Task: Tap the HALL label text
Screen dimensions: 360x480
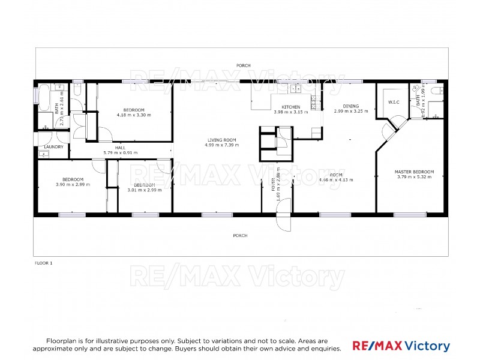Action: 121,147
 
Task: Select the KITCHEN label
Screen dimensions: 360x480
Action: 290,107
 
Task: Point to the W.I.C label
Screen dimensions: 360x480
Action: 394,102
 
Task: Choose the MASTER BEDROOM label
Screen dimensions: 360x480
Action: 414,172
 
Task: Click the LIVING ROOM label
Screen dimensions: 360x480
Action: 221,140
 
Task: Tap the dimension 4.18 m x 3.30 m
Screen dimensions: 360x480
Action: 134,114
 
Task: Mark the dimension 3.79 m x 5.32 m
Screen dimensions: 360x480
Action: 414,177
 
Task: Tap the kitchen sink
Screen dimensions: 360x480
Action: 296,90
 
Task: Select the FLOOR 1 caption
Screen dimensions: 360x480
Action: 43,262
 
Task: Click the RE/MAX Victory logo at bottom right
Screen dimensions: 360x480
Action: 401,346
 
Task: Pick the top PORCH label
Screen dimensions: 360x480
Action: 243,65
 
